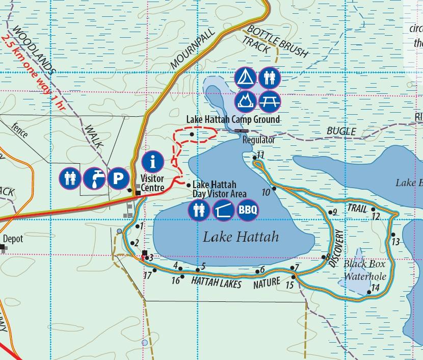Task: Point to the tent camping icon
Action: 245,78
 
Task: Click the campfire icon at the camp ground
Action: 245,100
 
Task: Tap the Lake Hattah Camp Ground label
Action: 233,119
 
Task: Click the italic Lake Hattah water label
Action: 241,237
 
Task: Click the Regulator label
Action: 259,139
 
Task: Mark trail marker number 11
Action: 260,155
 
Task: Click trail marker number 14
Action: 375,288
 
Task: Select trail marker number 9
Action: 334,212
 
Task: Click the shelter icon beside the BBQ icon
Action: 223,209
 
